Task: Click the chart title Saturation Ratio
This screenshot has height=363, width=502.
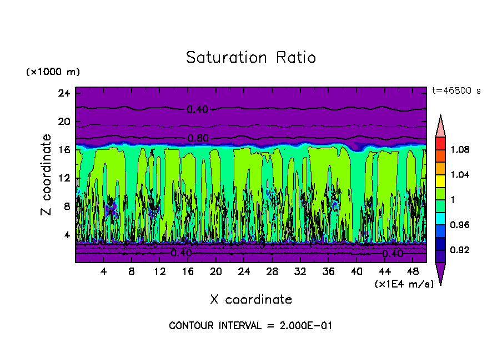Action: pyautogui.click(x=250, y=58)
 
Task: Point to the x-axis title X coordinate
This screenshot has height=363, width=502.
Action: pyautogui.click(x=251, y=300)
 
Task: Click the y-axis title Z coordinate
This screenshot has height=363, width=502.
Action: pyautogui.click(x=47, y=175)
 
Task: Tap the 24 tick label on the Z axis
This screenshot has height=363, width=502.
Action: pyautogui.click(x=63, y=93)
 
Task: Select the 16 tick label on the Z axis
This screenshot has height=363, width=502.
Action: pyautogui.click(x=63, y=150)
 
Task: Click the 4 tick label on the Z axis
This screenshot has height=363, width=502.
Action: pyautogui.click(x=66, y=234)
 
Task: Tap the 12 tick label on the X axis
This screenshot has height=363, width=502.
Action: pyautogui.click(x=160, y=271)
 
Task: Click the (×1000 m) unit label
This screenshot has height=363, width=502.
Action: pyautogui.click(x=53, y=72)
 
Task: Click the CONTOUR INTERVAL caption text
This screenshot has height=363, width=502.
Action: pyautogui.click(x=250, y=326)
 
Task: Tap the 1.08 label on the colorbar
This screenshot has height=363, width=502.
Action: pyautogui.click(x=460, y=149)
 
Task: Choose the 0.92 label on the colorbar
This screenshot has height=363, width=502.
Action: pyautogui.click(x=460, y=250)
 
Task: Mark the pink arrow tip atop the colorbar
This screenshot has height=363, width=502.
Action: pyautogui.click(x=440, y=125)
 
